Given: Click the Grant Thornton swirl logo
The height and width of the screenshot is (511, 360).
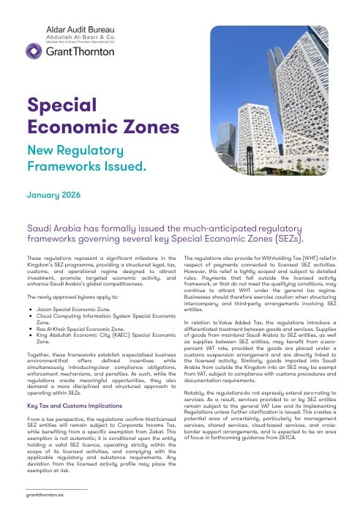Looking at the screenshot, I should coord(34,51).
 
